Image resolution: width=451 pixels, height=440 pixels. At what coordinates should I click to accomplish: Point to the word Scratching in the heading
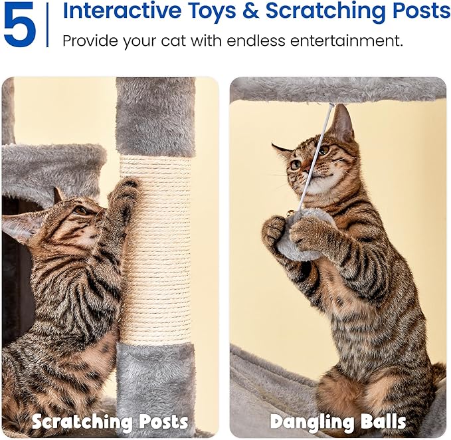tap(322, 11)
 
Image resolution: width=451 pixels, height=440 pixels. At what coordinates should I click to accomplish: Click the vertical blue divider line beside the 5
tap(48, 25)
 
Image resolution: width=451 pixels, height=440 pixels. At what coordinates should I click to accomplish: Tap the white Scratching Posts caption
tap(110, 421)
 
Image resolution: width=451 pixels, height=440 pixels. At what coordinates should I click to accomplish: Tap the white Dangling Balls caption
tap(338, 421)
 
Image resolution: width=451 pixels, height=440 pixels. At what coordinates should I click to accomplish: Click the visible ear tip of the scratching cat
tap(56, 193)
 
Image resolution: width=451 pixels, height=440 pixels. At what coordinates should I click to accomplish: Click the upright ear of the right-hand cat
tap(341, 123)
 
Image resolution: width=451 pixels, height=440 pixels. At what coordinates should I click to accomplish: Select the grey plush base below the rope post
tap(155, 385)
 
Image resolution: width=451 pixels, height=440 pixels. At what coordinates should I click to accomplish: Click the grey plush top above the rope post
tap(155, 116)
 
